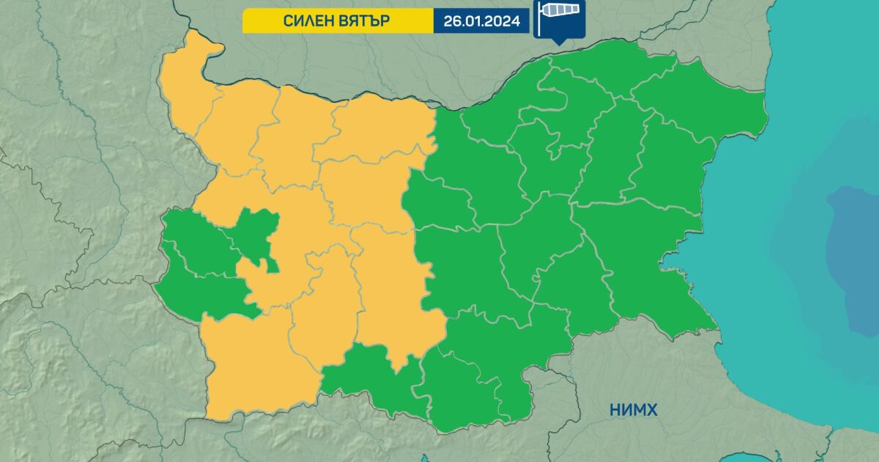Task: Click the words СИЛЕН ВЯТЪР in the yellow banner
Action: (337, 21)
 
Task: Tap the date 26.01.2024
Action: (481, 21)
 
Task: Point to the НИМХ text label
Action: (633, 410)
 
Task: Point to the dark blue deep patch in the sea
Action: (853, 257)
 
